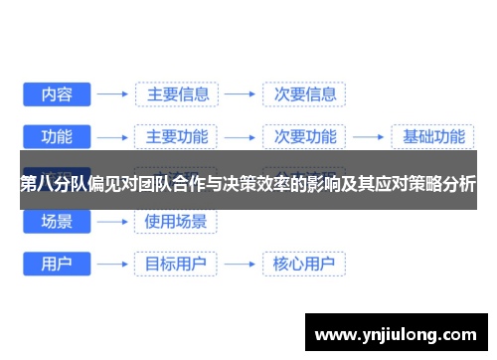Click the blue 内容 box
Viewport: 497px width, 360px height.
coord(56,94)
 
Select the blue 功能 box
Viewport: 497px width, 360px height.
coord(56,137)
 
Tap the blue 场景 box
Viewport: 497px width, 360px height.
coord(56,222)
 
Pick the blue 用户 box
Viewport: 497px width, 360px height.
coord(56,265)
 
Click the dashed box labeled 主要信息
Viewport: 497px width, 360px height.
coord(177,94)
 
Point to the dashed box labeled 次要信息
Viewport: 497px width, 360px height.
coord(303,94)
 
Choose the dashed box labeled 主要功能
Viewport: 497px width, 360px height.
coord(177,137)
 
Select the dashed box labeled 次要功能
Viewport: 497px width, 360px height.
coord(303,137)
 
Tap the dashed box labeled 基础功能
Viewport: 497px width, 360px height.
coord(427,137)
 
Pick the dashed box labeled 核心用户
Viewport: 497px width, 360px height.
coord(303,265)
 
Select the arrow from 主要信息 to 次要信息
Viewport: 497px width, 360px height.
coord(240,94)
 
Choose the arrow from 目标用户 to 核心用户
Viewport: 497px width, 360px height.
coord(240,265)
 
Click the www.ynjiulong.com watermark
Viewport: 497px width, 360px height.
coord(396,332)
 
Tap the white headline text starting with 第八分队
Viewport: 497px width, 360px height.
coord(248,183)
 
